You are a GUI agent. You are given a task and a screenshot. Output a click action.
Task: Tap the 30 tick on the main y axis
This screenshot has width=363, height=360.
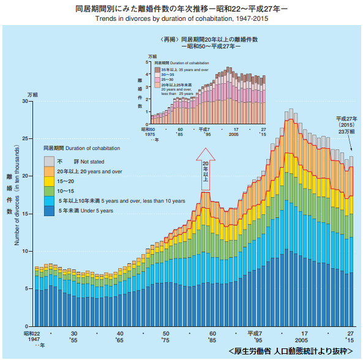click(24, 101)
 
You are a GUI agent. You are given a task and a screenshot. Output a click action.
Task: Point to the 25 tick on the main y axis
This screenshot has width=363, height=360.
click(24, 139)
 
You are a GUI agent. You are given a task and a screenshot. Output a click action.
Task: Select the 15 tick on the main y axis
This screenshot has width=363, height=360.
click(24, 214)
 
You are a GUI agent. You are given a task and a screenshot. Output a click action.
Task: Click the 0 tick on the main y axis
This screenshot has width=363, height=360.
click(27, 326)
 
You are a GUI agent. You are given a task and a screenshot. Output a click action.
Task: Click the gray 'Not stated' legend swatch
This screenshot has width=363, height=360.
click(49, 160)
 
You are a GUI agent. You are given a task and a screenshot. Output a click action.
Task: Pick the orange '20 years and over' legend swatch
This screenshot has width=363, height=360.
click(49, 171)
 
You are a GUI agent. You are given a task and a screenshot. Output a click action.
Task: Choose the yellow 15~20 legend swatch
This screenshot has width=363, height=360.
click(49, 181)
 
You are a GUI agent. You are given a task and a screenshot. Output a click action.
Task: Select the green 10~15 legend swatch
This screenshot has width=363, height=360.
click(49, 191)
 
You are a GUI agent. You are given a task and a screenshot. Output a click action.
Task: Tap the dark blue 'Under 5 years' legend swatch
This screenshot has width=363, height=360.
click(49, 211)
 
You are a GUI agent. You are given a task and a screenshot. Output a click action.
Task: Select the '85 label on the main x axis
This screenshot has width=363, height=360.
click(212, 339)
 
